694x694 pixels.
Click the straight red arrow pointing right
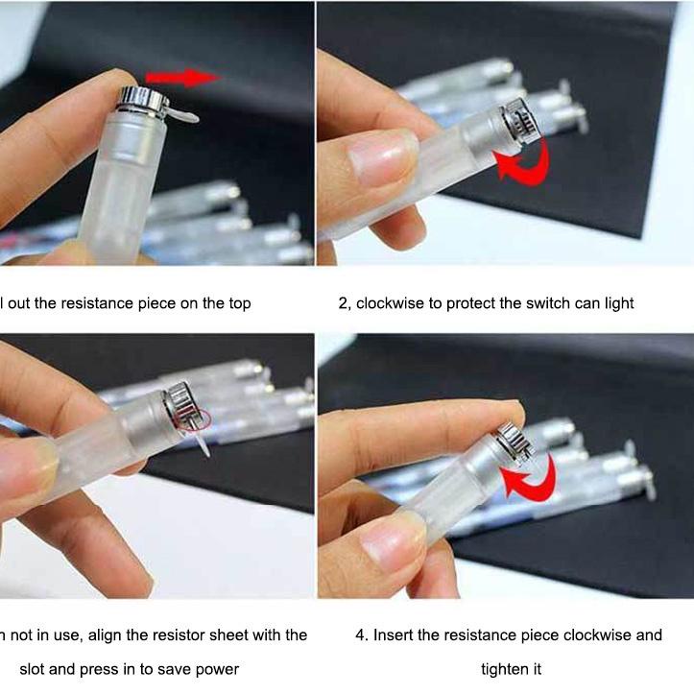click(x=182, y=77)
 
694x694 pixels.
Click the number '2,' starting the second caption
click(x=344, y=303)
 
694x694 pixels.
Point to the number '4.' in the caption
click(x=361, y=635)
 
